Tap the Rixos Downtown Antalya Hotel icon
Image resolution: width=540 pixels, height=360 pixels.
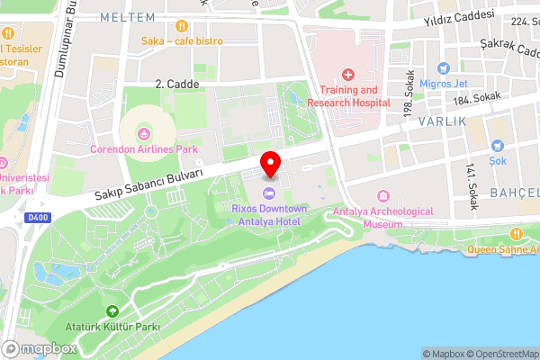click(268, 194)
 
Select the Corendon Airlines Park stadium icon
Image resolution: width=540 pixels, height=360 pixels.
click(141, 134)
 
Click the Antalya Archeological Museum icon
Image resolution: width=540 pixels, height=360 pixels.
click(383, 197)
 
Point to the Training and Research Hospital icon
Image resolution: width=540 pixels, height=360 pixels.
click(348, 74)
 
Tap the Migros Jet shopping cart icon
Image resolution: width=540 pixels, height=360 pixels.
click(442, 68)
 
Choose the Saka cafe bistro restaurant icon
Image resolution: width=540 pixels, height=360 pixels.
click(182, 26)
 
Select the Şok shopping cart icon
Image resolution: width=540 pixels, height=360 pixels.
click(498, 146)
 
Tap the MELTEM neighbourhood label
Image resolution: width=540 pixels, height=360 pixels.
click(122, 17)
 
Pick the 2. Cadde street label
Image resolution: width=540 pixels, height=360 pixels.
click(171, 83)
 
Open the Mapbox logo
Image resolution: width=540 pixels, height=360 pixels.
click(40, 348)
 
